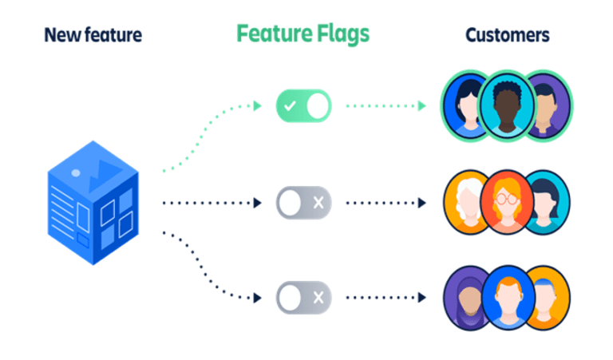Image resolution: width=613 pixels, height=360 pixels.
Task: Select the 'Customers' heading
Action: tap(508, 35)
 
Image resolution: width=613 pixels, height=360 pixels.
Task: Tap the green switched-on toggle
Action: tap(303, 105)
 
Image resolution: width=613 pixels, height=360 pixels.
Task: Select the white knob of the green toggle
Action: tap(317, 105)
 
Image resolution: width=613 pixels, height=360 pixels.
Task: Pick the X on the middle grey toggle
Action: tap(318, 203)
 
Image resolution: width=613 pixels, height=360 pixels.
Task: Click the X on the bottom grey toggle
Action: tap(318, 299)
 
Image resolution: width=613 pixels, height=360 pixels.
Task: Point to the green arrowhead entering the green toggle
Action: tap(256, 105)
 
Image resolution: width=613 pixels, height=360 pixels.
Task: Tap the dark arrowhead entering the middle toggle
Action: tap(256, 203)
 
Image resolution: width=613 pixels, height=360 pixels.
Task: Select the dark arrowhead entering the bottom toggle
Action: tap(256, 299)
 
